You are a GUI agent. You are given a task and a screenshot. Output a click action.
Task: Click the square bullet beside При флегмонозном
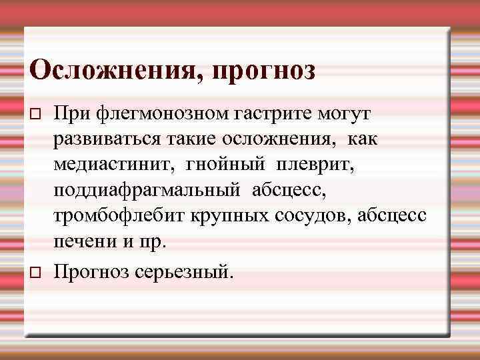tap(36, 116)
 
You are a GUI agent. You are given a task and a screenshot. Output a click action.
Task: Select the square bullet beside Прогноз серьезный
tap(36, 273)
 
